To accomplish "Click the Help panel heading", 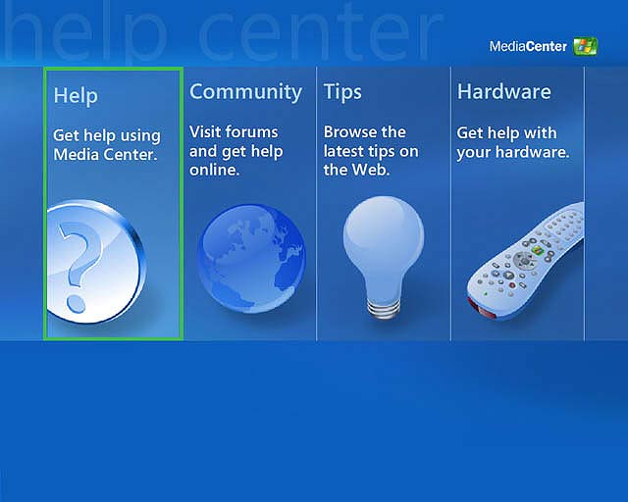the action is click(76, 96).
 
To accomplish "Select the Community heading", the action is click(245, 92).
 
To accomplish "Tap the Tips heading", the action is click(342, 92).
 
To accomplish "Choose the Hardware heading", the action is click(503, 91).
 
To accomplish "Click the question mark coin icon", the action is click(96, 262).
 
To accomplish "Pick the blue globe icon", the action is click(251, 259).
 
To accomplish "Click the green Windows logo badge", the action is click(585, 46).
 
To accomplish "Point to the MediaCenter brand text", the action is click(528, 46).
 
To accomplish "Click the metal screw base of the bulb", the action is click(384, 308).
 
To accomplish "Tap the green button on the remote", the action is click(537, 251).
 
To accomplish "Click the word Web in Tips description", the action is click(371, 171).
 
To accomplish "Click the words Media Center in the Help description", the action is click(105, 155).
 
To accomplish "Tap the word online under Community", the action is click(214, 171).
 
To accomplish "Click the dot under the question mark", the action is click(76, 303).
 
